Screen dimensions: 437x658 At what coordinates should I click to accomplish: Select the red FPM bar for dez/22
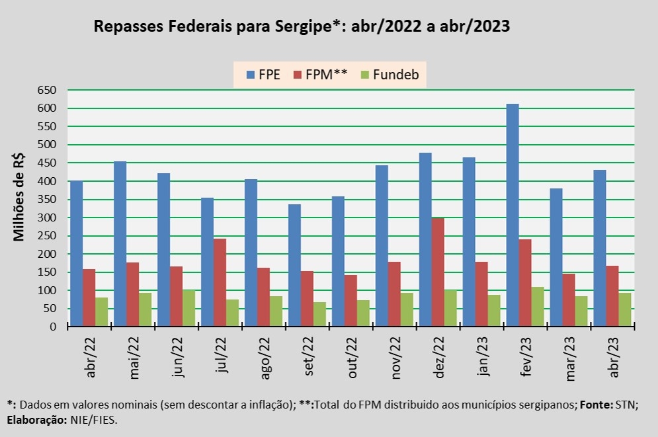coord(438,272)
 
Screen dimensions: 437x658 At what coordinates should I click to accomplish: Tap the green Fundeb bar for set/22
coord(319,314)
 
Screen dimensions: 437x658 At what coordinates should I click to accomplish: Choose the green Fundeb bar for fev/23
coord(538,307)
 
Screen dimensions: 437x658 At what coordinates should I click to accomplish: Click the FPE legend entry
coord(263,74)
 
